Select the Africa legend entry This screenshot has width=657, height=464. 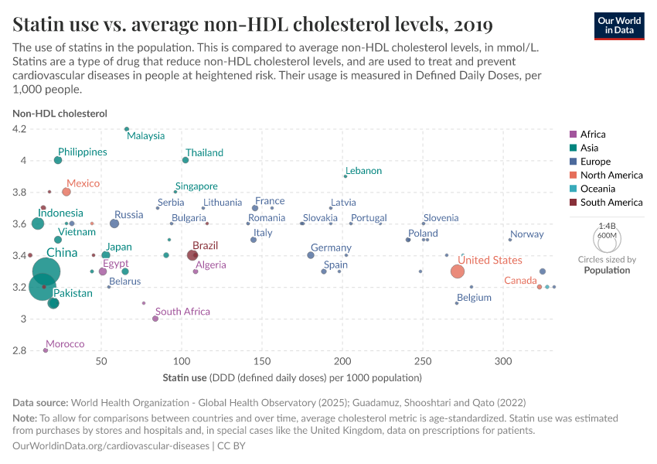593,135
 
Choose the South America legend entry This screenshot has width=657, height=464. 611,203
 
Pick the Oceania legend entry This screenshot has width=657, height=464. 598,189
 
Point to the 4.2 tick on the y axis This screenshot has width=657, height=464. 19,129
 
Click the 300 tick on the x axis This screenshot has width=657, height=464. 503,362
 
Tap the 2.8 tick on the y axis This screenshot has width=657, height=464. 19,350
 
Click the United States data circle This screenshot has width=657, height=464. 458,271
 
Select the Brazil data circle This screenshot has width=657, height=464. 192,255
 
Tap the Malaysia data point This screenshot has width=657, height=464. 127,129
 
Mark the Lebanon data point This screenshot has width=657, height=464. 345,176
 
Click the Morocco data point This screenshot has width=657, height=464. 46,350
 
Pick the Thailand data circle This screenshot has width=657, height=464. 186,160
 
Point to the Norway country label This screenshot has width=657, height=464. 527,234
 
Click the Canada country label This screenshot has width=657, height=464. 520,281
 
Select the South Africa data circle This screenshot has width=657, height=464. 155,319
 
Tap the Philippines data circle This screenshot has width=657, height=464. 58,160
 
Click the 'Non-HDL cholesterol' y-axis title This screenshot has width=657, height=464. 60,113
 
